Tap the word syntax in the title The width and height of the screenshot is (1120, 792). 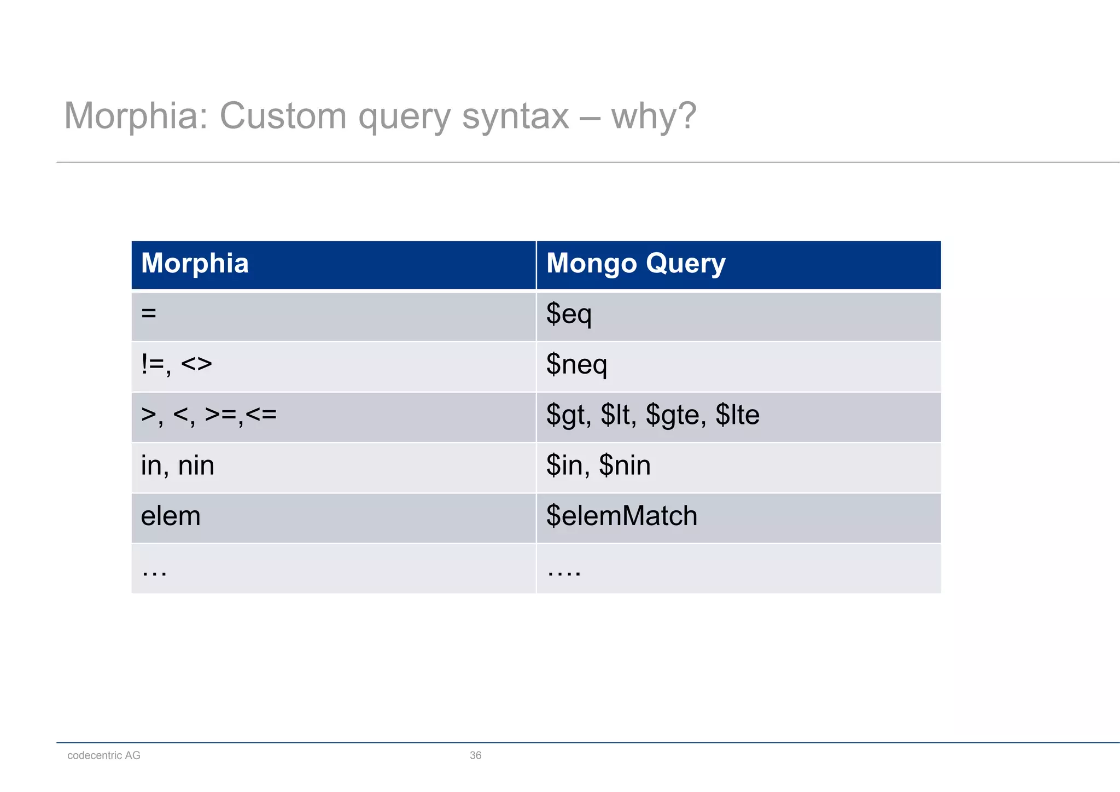pos(515,116)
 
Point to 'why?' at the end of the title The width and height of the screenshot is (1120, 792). pos(654,116)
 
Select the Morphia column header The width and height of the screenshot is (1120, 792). pos(195,263)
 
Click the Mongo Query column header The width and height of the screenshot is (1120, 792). pos(635,263)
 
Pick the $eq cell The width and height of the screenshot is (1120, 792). pos(569,314)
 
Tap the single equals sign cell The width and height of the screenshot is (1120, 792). pos(149,314)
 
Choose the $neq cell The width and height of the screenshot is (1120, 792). pos(576,364)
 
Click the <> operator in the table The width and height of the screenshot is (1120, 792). pos(196,364)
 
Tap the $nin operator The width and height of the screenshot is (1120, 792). pos(625,465)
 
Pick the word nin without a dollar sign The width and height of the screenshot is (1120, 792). pos(196,465)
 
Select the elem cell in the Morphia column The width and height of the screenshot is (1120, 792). pos(171,516)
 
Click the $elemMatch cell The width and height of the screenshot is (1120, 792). pos(622,516)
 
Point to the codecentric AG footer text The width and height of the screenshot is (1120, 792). pos(104,755)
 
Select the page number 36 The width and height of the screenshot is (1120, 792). pos(475,755)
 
